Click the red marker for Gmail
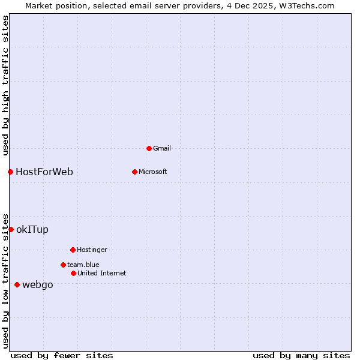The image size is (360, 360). [x=149, y=148]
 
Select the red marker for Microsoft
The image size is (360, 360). [x=134, y=172]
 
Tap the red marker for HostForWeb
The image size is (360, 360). [x=10, y=172]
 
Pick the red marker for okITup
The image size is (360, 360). [x=11, y=229]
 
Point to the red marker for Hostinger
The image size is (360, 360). [x=73, y=250]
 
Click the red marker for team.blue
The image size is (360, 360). [x=63, y=265]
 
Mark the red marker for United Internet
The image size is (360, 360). [x=73, y=273]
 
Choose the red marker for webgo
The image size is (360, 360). [x=17, y=284]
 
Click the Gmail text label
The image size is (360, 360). [x=162, y=148]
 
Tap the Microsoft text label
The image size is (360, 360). [x=153, y=172]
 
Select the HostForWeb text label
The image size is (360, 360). [x=44, y=172]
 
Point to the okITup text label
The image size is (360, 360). [x=32, y=229]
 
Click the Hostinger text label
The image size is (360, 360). [x=92, y=250]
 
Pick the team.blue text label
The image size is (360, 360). [x=83, y=265]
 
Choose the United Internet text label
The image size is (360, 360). [x=102, y=273]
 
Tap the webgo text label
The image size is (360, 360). [x=38, y=284]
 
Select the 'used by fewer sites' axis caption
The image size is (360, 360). [x=62, y=355]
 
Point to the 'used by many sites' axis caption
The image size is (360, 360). [x=301, y=355]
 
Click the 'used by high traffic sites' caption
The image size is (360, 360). [x=5, y=85]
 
